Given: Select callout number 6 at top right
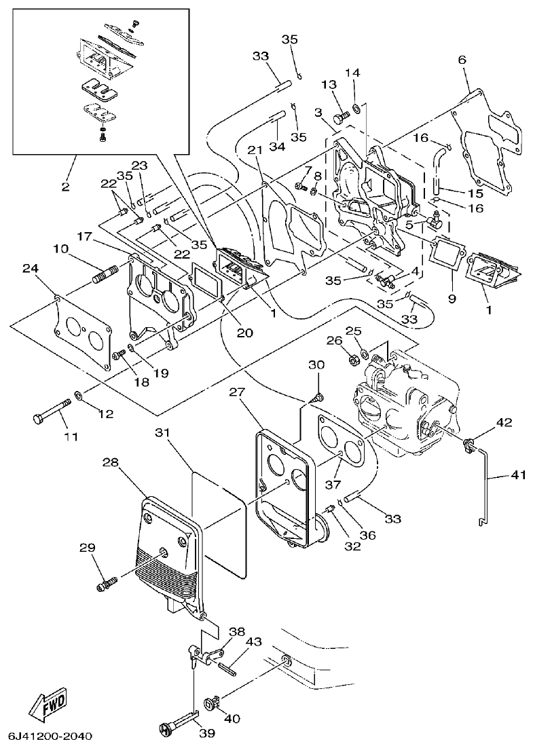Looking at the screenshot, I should coord(462,60).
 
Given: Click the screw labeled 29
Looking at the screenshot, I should coord(108,581).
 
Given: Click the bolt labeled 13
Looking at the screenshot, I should coord(343,116).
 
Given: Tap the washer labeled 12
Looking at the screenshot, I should coord(79,394).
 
